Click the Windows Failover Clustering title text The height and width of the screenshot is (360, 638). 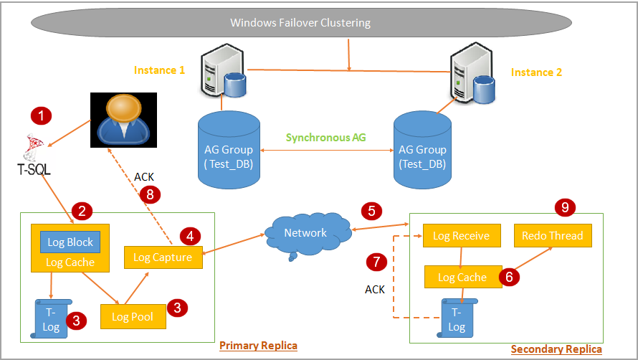300,22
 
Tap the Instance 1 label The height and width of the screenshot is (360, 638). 159,70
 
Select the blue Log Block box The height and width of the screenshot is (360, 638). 70,242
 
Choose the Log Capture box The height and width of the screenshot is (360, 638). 163,257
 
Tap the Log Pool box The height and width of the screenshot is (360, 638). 133,316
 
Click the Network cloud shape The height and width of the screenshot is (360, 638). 305,233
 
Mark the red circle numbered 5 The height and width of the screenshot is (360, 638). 371,211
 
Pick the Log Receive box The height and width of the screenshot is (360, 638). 461,236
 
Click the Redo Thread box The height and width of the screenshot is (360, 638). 552,236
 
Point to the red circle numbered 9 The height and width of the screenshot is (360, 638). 565,207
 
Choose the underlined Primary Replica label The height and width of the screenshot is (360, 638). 258,346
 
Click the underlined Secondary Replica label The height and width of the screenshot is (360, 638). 556,349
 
